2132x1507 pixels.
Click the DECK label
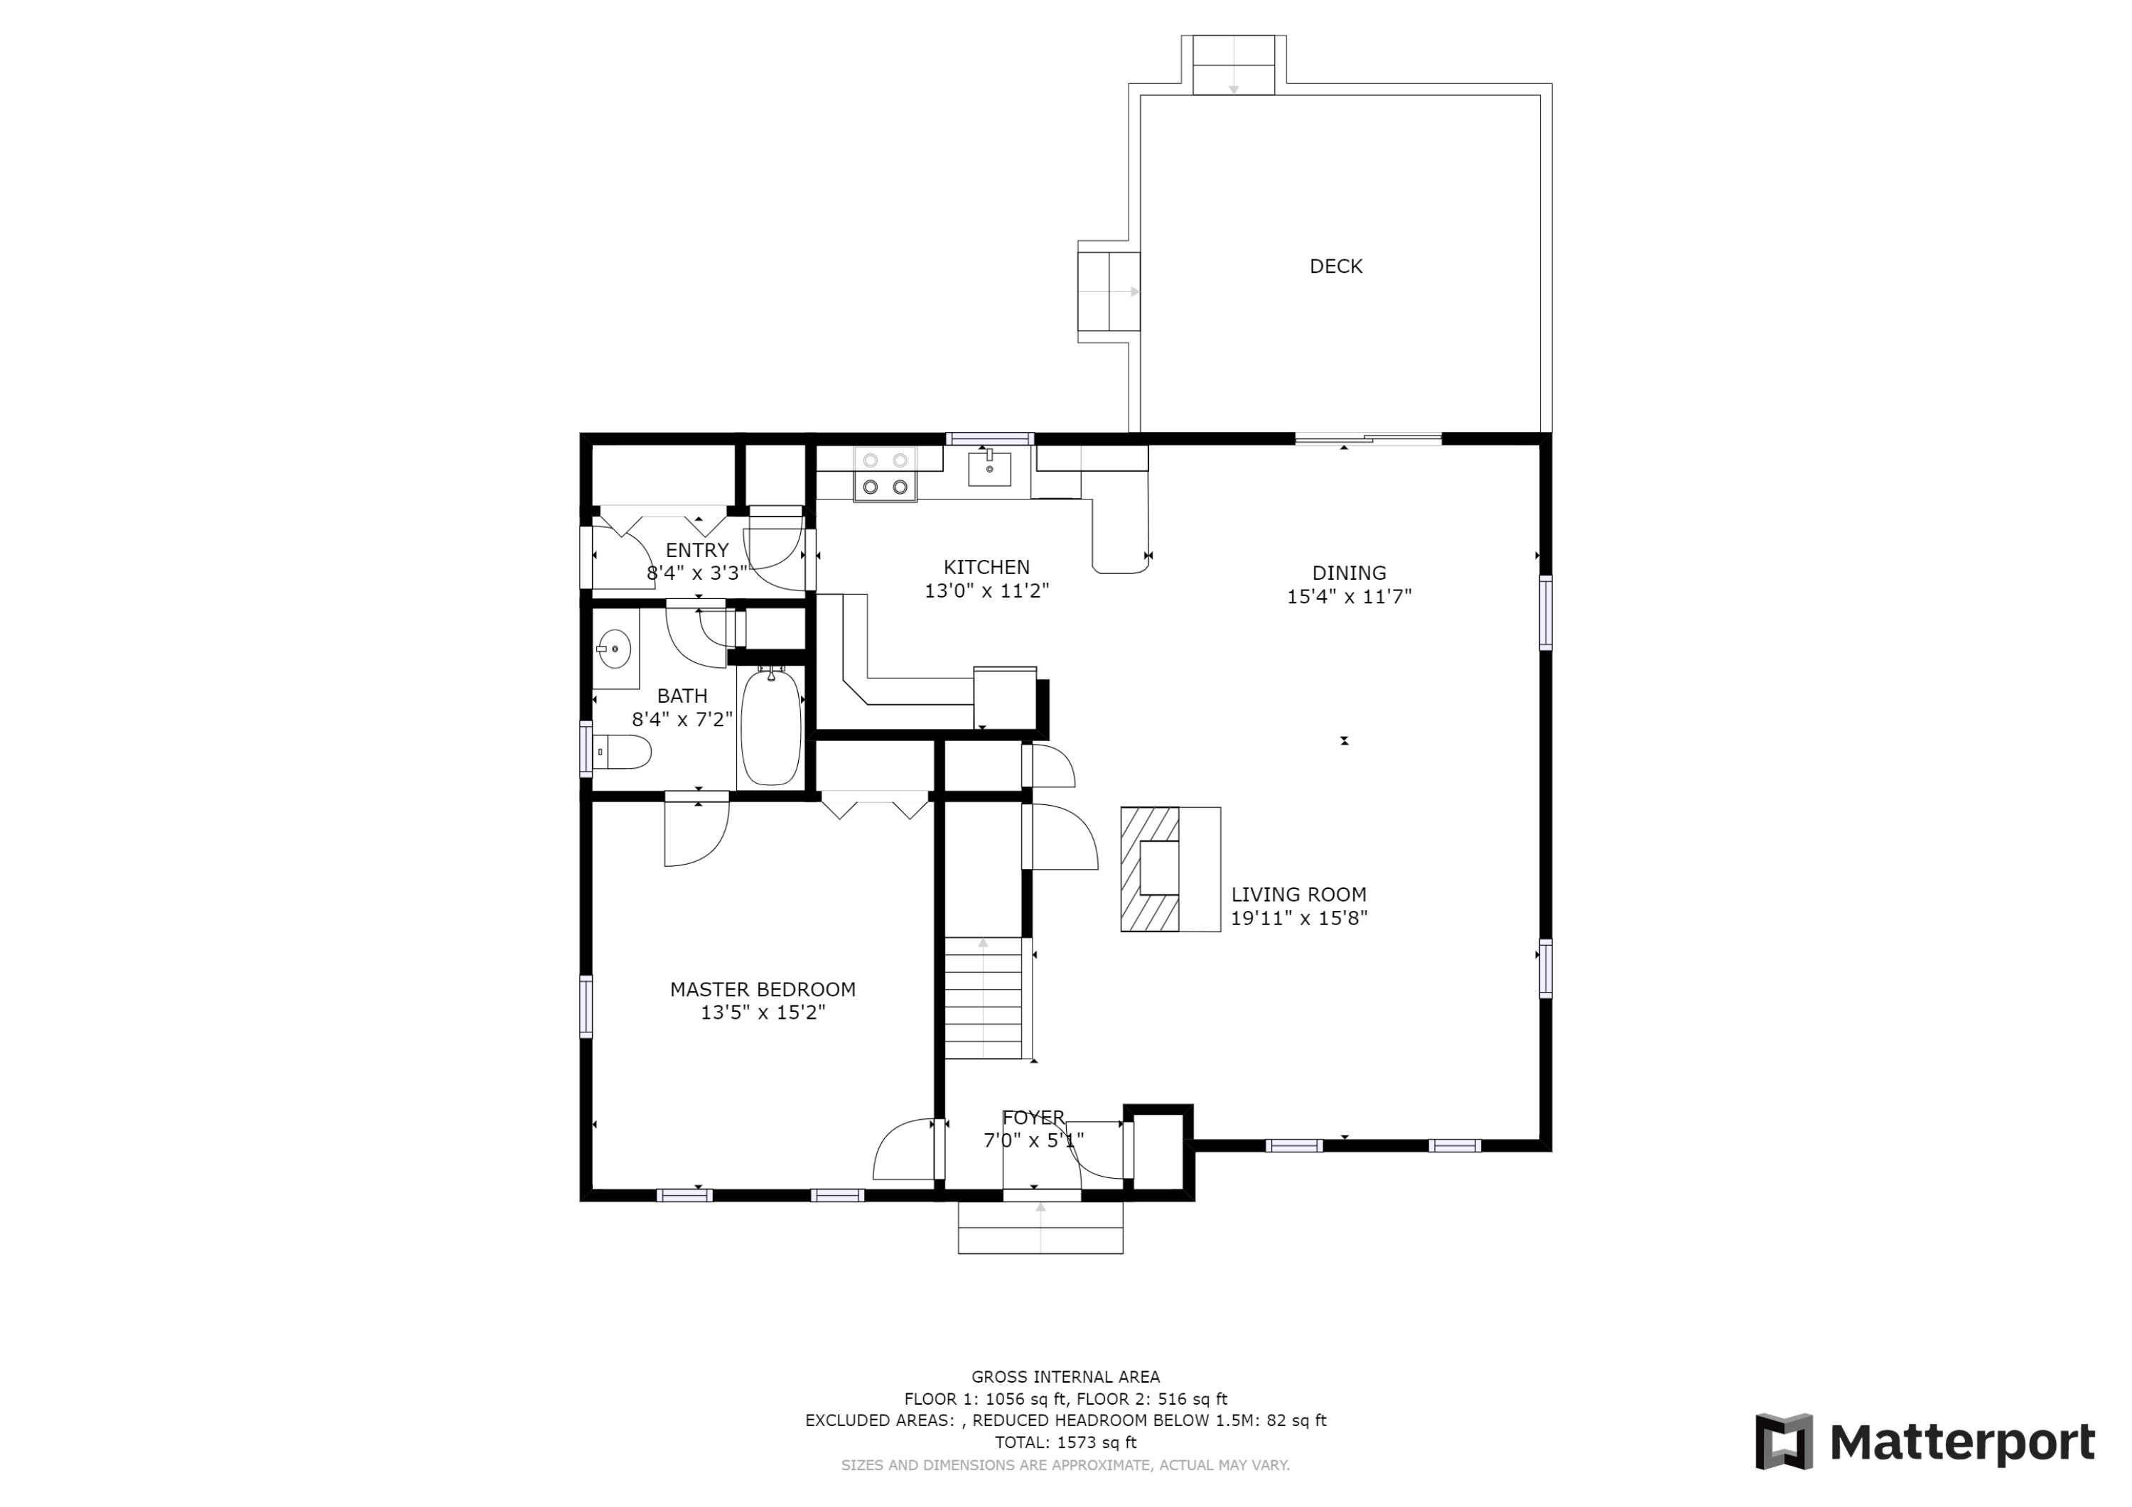click(1335, 266)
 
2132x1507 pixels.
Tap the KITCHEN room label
click(986, 567)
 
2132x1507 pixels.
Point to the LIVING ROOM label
click(1298, 894)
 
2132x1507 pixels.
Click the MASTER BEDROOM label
click(763, 990)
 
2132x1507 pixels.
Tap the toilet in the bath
click(621, 752)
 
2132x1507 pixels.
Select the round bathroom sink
click(614, 648)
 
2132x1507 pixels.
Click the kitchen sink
click(989, 467)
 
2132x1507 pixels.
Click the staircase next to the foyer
click(984, 998)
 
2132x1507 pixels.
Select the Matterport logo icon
click(1784, 1442)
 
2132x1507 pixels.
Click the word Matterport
click(1962, 1443)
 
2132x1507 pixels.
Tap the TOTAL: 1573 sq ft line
click(1065, 1442)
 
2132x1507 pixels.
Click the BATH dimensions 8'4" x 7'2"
click(682, 718)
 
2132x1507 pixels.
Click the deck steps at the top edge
click(1233, 65)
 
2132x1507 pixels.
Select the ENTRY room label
click(697, 551)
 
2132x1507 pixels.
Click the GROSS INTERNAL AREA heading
click(1065, 1377)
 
